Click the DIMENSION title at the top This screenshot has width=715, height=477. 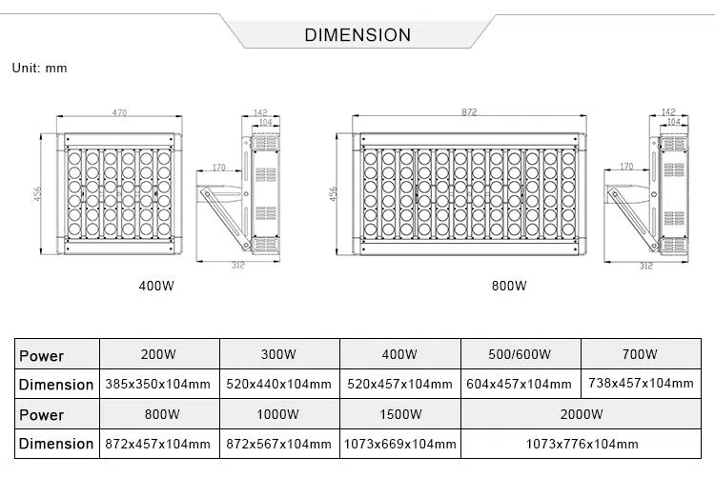pos(357,35)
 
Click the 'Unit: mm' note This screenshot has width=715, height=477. pos(40,69)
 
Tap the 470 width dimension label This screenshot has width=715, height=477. pos(119,113)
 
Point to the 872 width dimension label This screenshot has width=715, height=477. pos(469,113)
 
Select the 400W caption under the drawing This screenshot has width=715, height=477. pos(156,286)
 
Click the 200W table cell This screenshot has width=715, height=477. pos(158,354)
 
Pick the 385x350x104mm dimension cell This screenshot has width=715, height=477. pos(158,384)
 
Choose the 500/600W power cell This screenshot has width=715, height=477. pos(520,354)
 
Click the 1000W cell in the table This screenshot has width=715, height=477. pos(278,414)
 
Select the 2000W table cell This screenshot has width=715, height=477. pos(582,414)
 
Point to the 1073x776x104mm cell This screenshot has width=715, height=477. pos(582,444)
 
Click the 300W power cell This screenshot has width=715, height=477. pos(278,354)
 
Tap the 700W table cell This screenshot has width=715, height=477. pos(640,354)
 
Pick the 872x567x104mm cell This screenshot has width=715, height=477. pos(278,444)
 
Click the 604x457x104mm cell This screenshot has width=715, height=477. pos(520,384)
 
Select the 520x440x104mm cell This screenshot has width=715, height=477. pos(278,384)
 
